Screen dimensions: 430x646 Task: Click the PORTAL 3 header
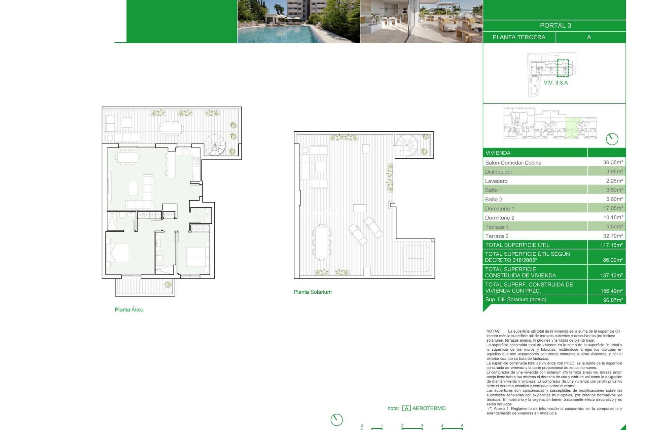[555, 26]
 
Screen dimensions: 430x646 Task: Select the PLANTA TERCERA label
[519, 37]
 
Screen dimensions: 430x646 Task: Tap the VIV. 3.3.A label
[555, 83]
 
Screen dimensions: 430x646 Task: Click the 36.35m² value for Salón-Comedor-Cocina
[613, 162]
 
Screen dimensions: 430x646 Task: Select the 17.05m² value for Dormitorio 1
[613, 208]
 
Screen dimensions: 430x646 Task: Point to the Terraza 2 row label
[497, 236]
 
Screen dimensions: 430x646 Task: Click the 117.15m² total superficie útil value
[611, 245]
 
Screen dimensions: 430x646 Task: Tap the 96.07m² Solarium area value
[613, 300]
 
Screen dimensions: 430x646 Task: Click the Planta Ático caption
[129, 310]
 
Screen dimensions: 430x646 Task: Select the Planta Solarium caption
[312, 292]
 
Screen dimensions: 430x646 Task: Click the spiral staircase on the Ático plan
[216, 145]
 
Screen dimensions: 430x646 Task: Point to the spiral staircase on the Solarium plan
[406, 145]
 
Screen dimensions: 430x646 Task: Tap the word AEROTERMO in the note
[429, 408]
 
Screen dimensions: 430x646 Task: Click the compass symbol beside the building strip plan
[612, 139]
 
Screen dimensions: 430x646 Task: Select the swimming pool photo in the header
[298, 21]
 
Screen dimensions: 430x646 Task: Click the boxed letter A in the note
[406, 408]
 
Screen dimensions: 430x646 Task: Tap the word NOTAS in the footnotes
[493, 331]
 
